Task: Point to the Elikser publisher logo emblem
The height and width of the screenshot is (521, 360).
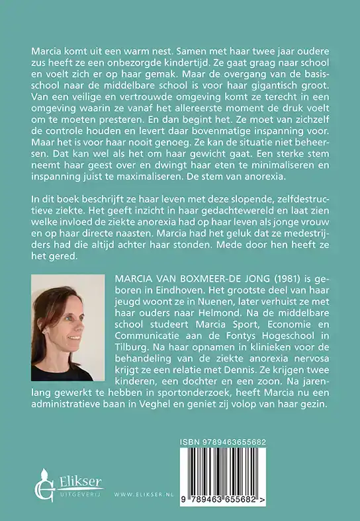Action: coord(44,486)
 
